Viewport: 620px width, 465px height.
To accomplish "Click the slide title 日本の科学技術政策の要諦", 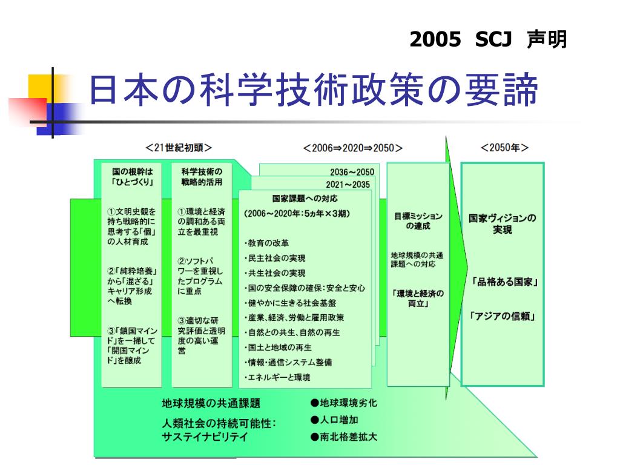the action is [314, 91].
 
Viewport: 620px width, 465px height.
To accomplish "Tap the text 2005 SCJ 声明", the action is [488, 40].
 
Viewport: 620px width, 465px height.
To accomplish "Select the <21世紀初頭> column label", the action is [178, 148].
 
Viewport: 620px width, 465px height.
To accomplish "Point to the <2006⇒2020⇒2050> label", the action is [353, 148].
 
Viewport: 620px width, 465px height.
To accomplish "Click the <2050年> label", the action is [504, 148].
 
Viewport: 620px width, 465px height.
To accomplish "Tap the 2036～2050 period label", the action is [352, 172].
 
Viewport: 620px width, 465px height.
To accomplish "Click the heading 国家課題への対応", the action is [305, 199].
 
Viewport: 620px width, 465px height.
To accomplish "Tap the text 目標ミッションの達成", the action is [418, 221].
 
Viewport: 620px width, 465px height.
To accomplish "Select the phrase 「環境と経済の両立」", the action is [418, 298].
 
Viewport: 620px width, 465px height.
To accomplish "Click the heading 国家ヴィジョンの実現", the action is [503, 224].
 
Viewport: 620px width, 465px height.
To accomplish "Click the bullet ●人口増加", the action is [334, 420].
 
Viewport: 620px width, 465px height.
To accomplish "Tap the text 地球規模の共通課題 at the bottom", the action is [211, 404].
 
